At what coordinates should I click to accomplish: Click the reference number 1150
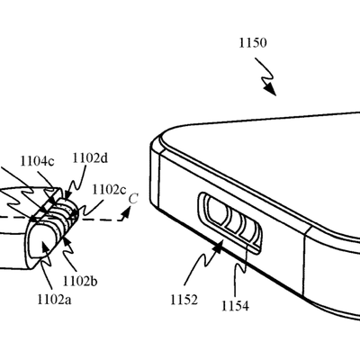253,43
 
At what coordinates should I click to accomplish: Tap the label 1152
184,300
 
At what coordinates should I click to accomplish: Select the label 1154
235,306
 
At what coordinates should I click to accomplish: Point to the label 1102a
54,300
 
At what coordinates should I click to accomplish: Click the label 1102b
80,282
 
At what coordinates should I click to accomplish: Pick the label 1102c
109,190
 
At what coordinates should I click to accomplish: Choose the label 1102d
90,158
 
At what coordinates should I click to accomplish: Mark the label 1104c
37,161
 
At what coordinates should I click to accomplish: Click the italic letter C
133,199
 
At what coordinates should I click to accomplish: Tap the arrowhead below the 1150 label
271,89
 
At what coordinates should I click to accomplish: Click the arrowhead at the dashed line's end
127,212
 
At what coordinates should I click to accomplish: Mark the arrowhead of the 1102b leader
66,242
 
